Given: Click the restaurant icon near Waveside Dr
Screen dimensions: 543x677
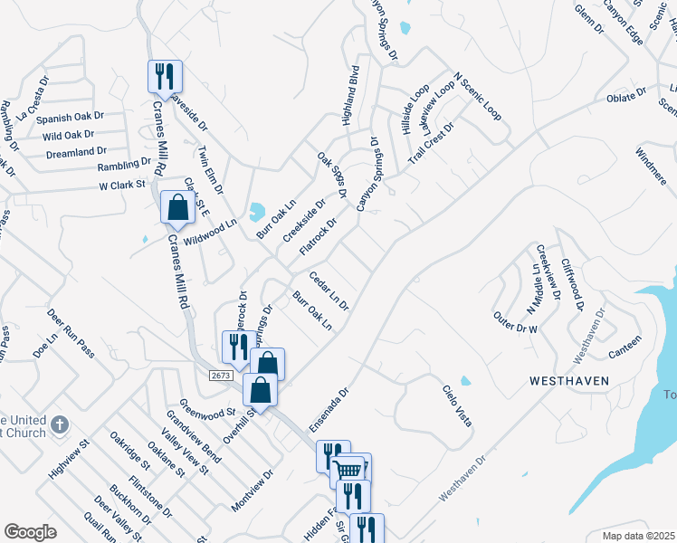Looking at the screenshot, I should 165,75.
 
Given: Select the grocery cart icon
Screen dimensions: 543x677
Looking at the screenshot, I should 348,469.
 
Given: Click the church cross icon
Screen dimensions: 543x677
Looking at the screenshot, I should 59,424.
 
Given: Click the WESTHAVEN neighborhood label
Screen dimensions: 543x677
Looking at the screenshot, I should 568,382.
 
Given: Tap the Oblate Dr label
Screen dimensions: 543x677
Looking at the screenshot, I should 625,94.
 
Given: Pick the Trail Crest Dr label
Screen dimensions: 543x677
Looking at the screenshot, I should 430,141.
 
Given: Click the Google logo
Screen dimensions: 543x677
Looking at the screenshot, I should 30,532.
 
